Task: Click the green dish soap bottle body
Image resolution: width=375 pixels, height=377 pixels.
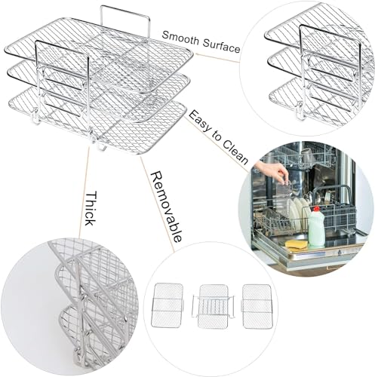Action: [316, 230]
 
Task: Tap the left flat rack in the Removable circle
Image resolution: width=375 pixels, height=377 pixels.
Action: [167, 305]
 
